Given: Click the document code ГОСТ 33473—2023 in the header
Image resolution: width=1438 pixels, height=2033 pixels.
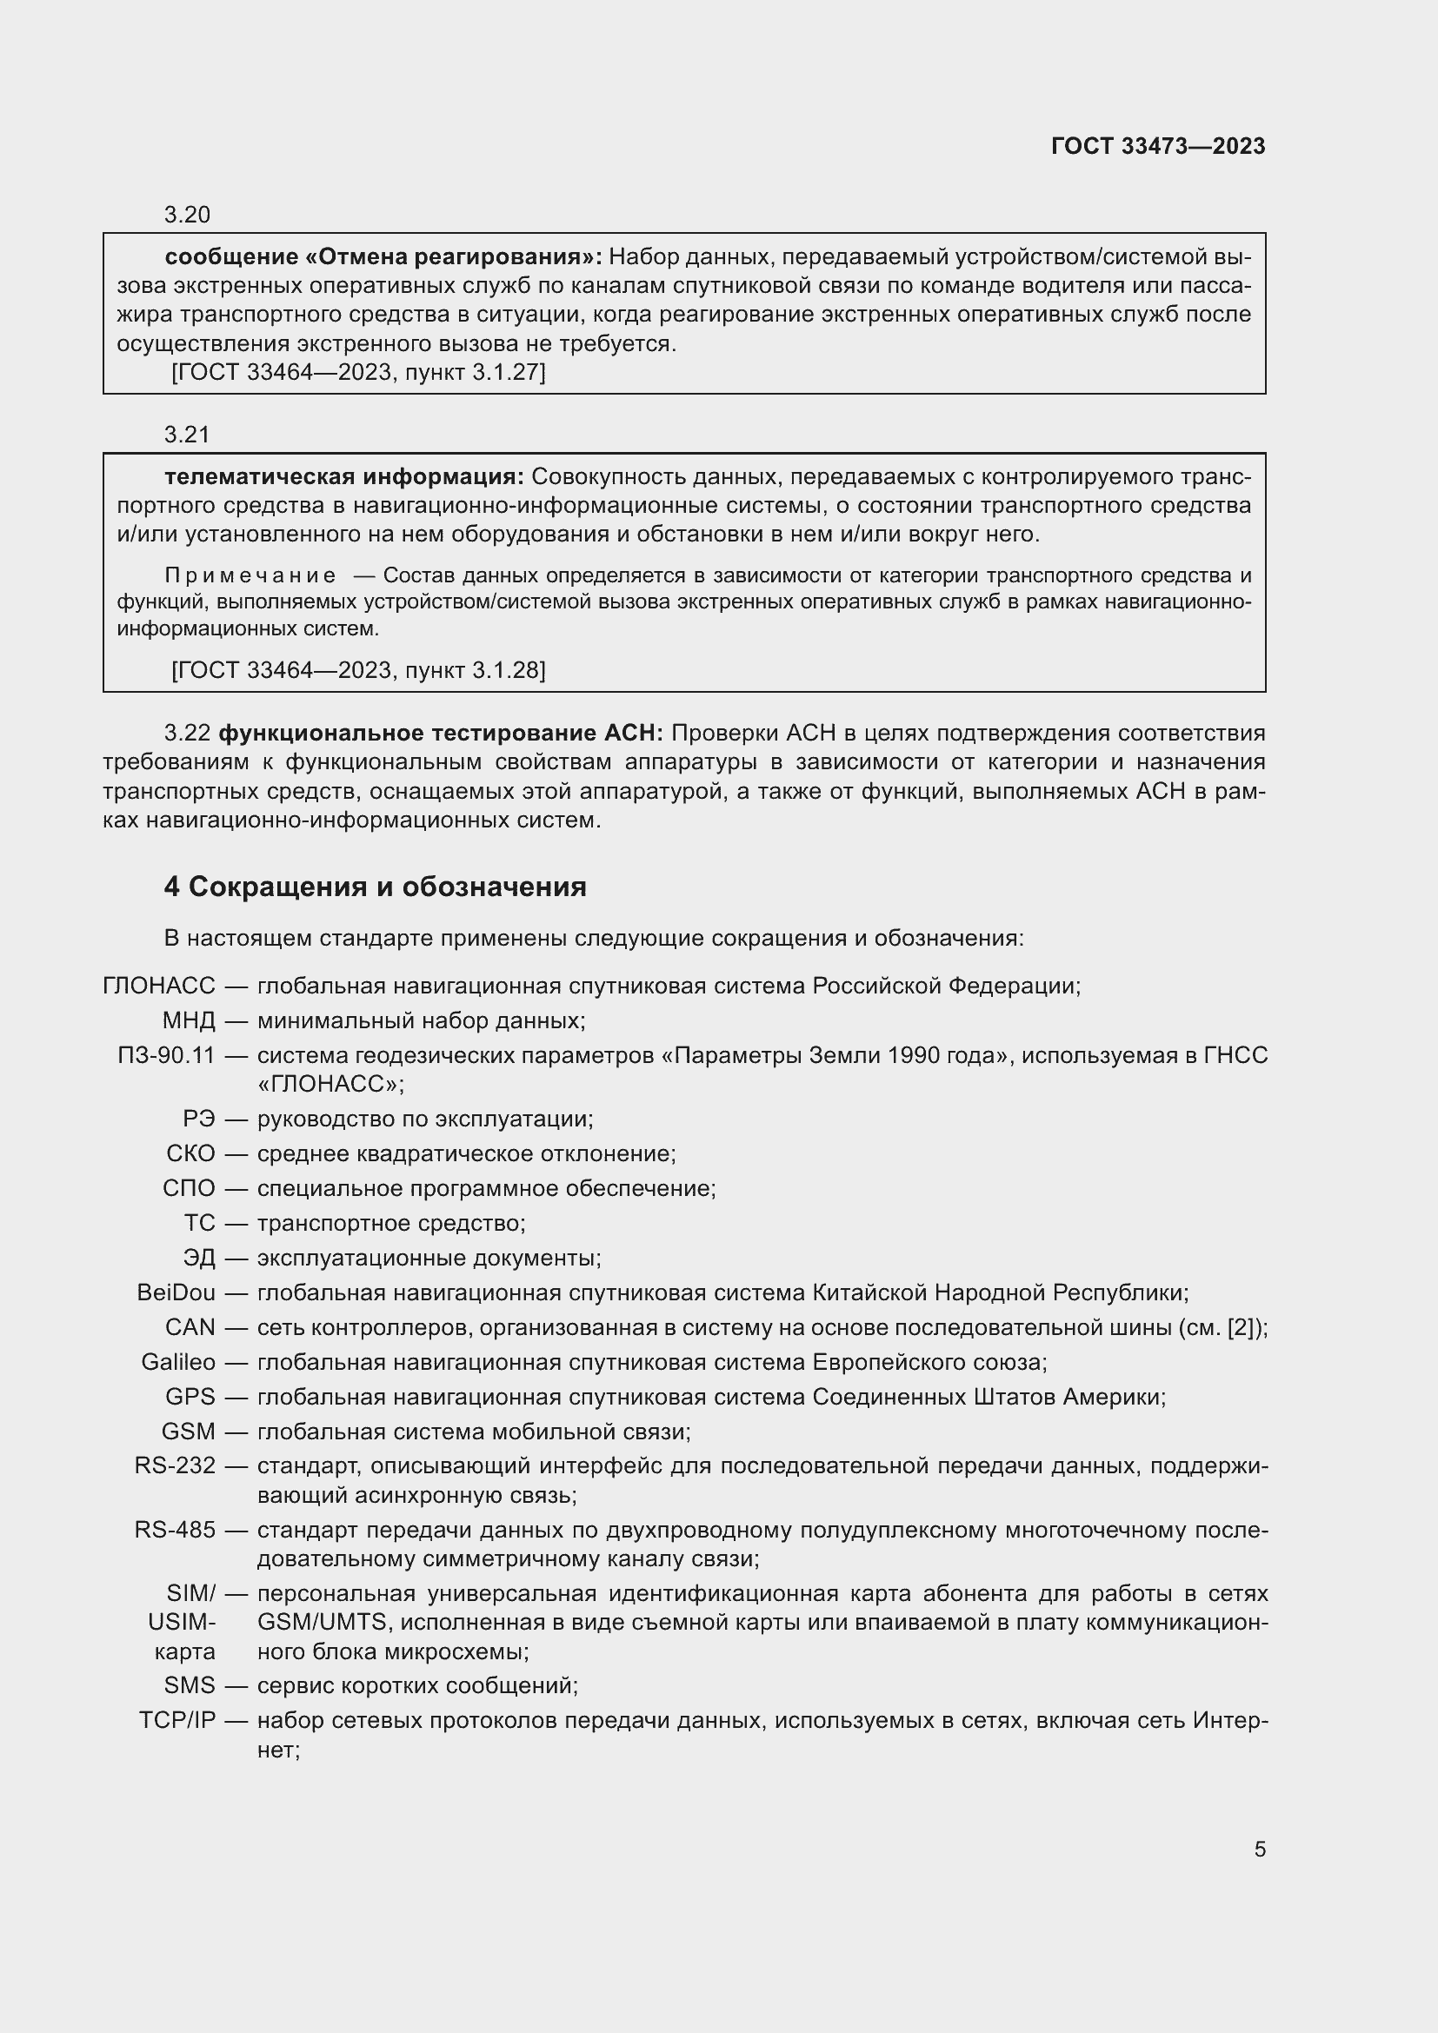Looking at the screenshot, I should pyautogui.click(x=1158, y=146).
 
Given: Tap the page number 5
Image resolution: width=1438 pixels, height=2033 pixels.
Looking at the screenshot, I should pyautogui.click(x=1260, y=1849).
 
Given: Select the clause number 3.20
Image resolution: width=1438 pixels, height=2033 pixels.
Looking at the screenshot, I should pyautogui.click(x=187, y=215).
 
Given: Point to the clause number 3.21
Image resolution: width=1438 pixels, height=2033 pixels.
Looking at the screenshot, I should pyautogui.click(x=187, y=434).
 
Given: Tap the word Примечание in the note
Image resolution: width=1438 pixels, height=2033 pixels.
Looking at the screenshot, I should pyautogui.click(x=250, y=575).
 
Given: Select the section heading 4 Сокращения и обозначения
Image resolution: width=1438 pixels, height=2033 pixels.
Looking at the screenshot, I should pyautogui.click(x=376, y=887).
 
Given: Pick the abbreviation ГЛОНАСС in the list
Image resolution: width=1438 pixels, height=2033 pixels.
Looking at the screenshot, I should pyautogui.click(x=159, y=986).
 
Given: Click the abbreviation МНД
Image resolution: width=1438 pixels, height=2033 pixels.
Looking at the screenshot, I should pyautogui.click(x=189, y=1021).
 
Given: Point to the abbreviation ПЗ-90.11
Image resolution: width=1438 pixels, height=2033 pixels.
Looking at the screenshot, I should pyautogui.click(x=166, y=1055).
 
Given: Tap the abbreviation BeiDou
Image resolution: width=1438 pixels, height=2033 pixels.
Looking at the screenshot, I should pyautogui.click(x=176, y=1292).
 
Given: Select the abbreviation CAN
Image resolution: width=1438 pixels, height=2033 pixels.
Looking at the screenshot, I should pyautogui.click(x=190, y=1327).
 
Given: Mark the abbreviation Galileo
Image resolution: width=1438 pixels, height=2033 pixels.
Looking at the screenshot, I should pyautogui.click(x=178, y=1362).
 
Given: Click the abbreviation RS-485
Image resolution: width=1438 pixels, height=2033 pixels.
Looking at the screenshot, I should pyautogui.click(x=176, y=1530).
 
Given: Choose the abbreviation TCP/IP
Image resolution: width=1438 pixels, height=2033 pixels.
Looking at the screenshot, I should pyautogui.click(x=177, y=1720).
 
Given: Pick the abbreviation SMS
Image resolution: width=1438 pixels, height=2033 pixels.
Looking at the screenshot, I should pyautogui.click(x=190, y=1685).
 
